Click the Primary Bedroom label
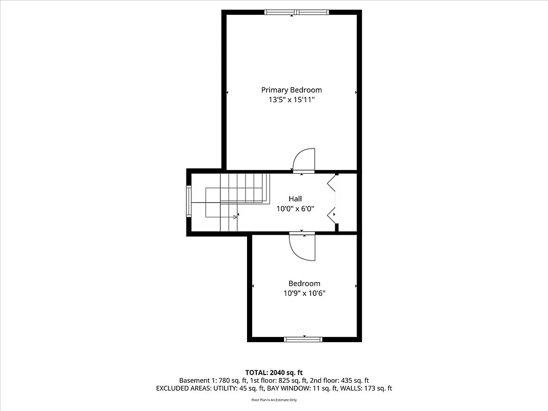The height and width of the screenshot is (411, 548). (x=291, y=90)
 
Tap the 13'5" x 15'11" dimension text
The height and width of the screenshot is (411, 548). (x=291, y=100)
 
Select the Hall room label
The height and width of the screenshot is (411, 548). (x=295, y=199)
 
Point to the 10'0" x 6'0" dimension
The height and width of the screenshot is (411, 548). (x=295, y=209)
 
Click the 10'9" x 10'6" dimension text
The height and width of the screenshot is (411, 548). (x=304, y=293)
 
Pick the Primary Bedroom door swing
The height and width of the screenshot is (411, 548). (x=304, y=159)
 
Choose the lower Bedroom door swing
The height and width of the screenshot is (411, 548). (x=302, y=247)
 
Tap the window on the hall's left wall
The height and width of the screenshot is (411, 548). (x=188, y=202)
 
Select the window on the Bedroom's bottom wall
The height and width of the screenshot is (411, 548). (x=303, y=339)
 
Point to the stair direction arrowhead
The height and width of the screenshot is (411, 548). (x=235, y=217)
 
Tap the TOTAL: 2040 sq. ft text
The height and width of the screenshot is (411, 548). (x=274, y=372)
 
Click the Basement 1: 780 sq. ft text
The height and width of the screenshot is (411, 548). (x=213, y=380)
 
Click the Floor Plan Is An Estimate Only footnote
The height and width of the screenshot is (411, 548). (x=274, y=400)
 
